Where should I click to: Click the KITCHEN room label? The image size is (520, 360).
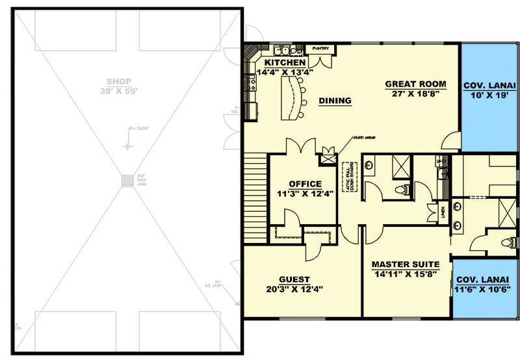coord(285,62)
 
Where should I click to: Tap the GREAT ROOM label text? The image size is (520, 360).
coord(415,84)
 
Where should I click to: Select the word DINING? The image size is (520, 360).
coord(335,101)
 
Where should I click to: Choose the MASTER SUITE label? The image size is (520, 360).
coord(405,264)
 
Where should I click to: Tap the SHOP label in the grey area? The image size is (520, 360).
coord(119,82)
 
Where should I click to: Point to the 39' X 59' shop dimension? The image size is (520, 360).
coord(119,91)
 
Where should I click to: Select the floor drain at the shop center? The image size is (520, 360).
coord(126,182)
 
